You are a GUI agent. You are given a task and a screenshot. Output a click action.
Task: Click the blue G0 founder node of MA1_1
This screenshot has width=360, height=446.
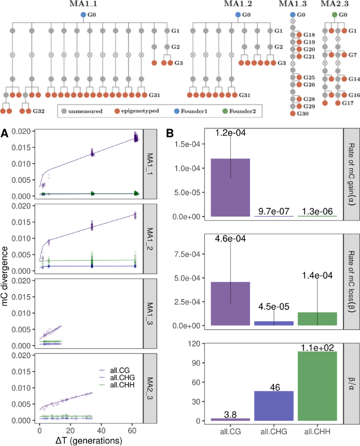[x=83, y=15]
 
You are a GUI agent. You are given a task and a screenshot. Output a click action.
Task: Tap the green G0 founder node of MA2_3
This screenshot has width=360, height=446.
[x=335, y=15]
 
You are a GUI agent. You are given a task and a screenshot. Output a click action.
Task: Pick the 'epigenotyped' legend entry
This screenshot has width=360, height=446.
[x=139, y=111]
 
